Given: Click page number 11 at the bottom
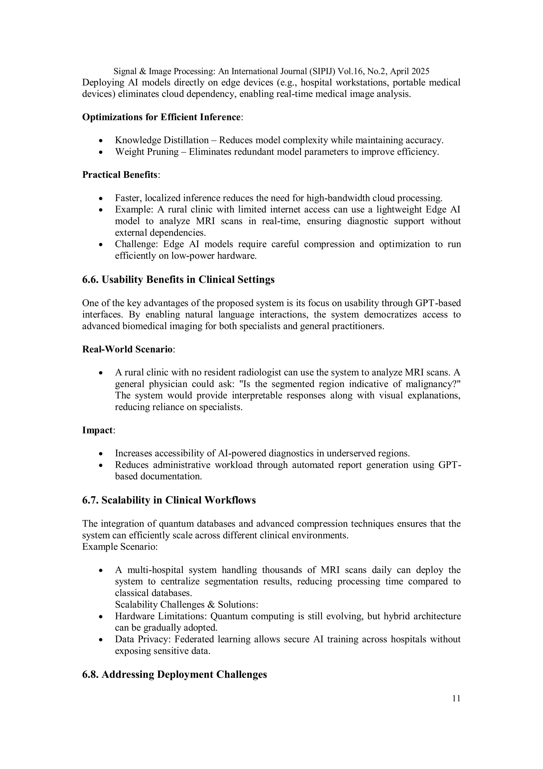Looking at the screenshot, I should pyautogui.click(x=456, y=699).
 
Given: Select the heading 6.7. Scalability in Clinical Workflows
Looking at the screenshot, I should pyautogui.click(x=169, y=500).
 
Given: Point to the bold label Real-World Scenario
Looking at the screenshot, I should pyautogui.click(x=128, y=349).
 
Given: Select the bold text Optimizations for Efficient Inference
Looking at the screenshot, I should pyautogui.click(x=161, y=117).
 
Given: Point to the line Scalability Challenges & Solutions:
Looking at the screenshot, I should pyautogui.click(x=186, y=604).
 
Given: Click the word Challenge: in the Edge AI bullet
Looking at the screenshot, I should pyautogui.click(x=136, y=244).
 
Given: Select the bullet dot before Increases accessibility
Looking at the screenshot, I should pyautogui.click(x=101, y=454).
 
